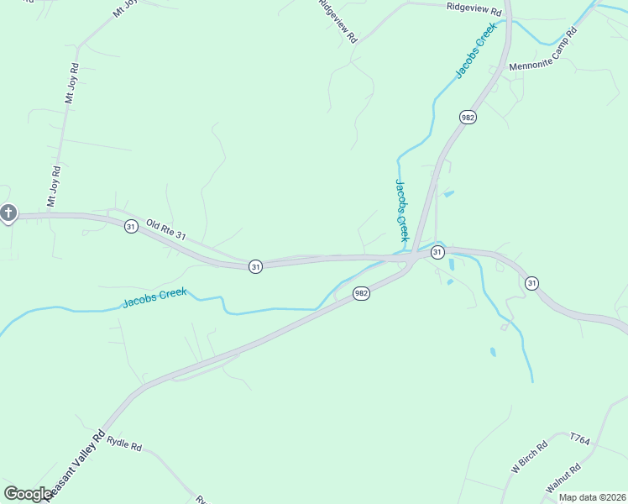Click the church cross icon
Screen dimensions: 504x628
tap(8, 213)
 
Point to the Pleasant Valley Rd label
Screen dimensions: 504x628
tap(76, 465)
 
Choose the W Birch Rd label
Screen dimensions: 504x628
tap(529, 456)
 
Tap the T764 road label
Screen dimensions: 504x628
tap(580, 438)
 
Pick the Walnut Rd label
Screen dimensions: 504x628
tap(563, 479)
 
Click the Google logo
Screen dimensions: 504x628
tap(28, 494)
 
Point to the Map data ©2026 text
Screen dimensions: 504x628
tap(592, 497)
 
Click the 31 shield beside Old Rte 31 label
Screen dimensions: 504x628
tap(131, 227)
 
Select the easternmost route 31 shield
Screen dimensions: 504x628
tap(531, 284)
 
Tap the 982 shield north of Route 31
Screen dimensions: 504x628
tap(468, 118)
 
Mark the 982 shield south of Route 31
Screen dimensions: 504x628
tap(361, 293)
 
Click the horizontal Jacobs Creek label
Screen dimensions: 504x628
tap(154, 297)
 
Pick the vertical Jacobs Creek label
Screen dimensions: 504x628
tap(401, 210)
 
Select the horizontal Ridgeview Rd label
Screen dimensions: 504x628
tap(474, 10)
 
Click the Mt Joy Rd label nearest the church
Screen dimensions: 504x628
tap(54, 186)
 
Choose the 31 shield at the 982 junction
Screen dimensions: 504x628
tap(437, 252)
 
